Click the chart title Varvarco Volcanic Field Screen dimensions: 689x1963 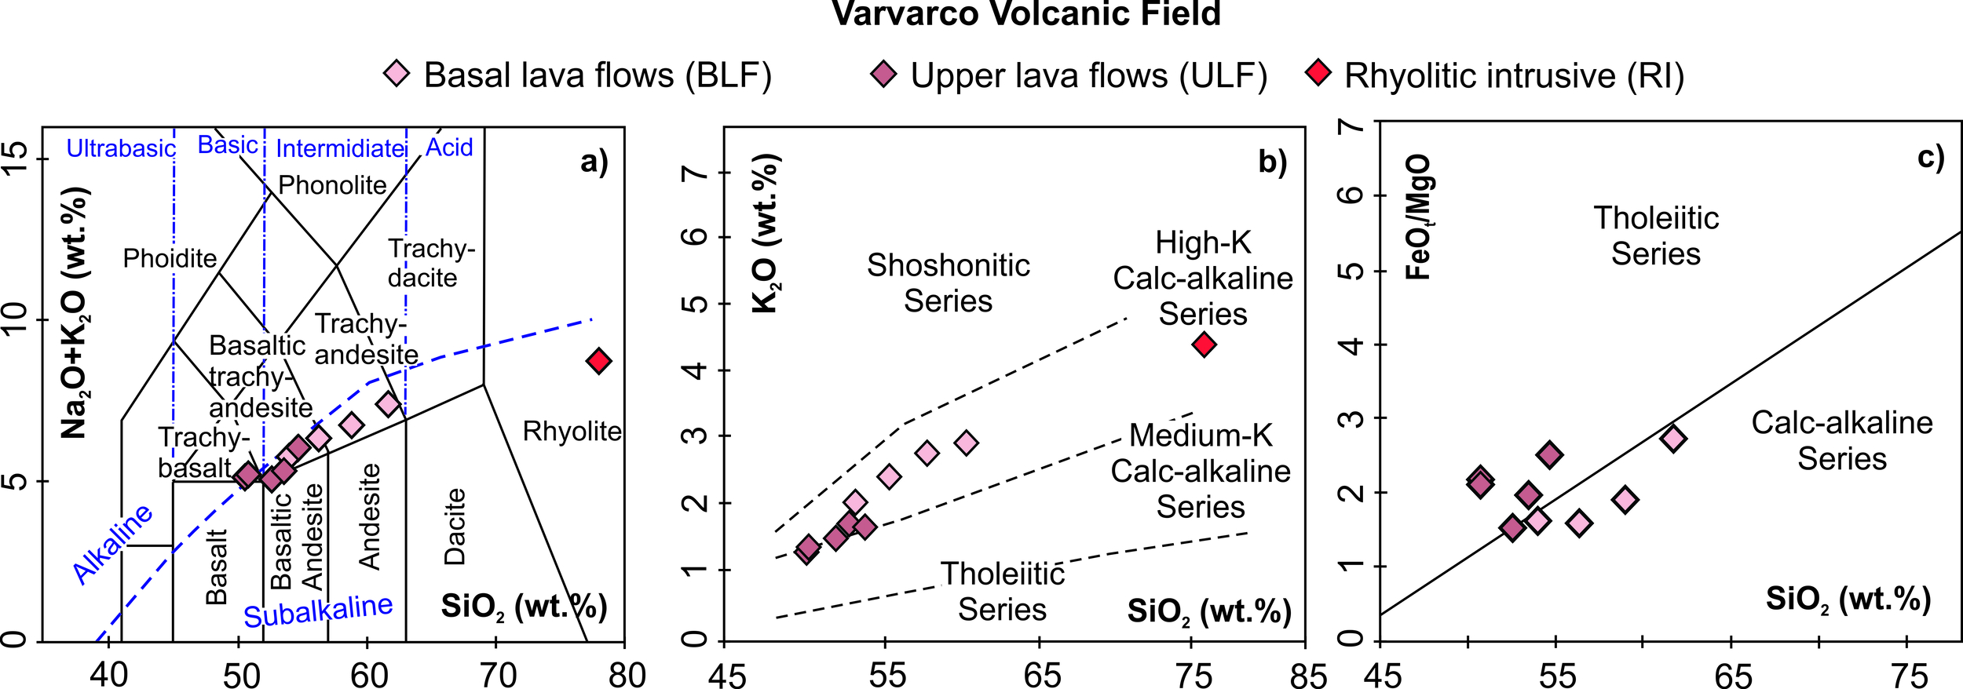tap(1025, 14)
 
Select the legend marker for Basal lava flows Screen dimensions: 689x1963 tap(397, 74)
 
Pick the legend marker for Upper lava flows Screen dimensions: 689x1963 tap(883, 74)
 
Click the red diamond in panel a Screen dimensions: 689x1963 tap(598, 361)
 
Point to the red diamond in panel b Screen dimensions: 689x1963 tap(1204, 344)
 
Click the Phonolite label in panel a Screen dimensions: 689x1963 tap(332, 185)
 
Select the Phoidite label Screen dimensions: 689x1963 tap(170, 258)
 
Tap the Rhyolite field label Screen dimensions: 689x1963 tap(572, 431)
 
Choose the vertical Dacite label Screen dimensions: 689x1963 tap(455, 527)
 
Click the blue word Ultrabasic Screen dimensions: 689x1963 tap(121, 148)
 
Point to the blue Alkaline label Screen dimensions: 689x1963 tap(112, 544)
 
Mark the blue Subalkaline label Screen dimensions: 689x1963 tap(318, 611)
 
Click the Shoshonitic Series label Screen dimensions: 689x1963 tap(948, 283)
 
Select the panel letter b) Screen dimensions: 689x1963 tap(1272, 162)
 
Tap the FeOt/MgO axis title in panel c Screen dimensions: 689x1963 tap(1418, 217)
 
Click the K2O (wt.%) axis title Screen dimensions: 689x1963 tap(765, 234)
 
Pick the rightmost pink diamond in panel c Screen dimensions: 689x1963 tap(1673, 438)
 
